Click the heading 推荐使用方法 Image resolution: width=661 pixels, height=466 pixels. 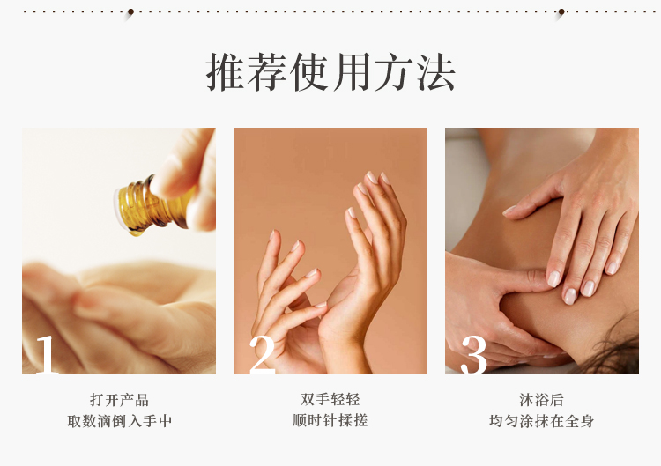pyautogui.click(x=330, y=71)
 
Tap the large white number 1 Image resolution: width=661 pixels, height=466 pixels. pyautogui.click(x=47, y=355)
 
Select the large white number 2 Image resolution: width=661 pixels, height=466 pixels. pyautogui.click(x=262, y=355)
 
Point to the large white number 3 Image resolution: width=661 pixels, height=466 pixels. pyautogui.click(x=474, y=355)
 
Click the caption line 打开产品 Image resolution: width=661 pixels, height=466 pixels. pyautogui.click(x=119, y=400)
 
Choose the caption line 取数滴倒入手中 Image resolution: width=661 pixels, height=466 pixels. pyautogui.click(x=119, y=421)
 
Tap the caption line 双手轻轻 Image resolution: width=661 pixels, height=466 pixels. pyautogui.click(x=330, y=399)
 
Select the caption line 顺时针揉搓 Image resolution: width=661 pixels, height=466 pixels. pyautogui.click(x=330, y=420)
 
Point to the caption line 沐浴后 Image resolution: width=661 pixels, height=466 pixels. pyautogui.click(x=542, y=400)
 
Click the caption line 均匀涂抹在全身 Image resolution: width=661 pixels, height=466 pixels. pyautogui.click(x=542, y=421)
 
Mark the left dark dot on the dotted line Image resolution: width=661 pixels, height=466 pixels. pyautogui.click(x=130, y=11)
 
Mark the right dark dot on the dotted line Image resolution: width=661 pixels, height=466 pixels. pyautogui.click(x=561, y=11)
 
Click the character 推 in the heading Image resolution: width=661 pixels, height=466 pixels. pyautogui.click(x=226, y=71)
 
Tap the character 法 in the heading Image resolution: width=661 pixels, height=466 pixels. pyautogui.click(x=436, y=71)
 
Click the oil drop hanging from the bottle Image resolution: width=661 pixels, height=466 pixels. pyautogui.click(x=136, y=231)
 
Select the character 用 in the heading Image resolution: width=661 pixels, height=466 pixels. pyautogui.click(x=352, y=71)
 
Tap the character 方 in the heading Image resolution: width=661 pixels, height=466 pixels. pyautogui.click(x=394, y=71)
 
